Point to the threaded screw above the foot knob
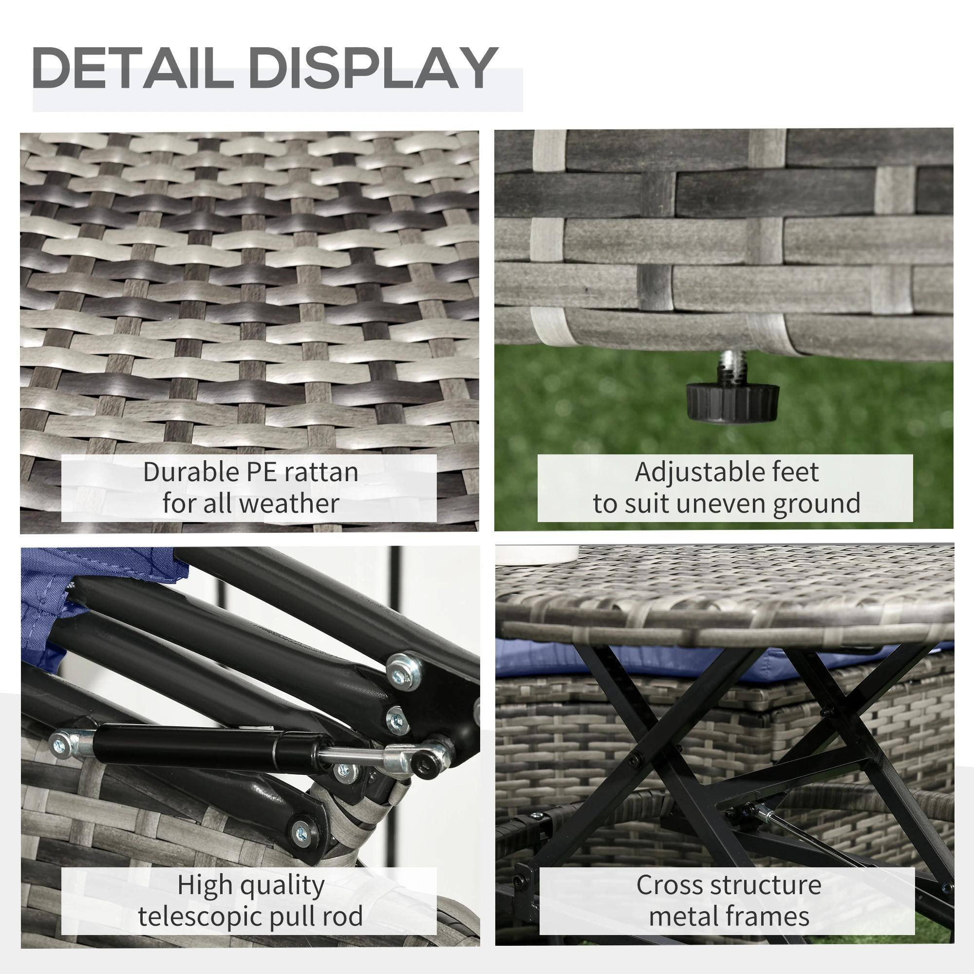[727, 367]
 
